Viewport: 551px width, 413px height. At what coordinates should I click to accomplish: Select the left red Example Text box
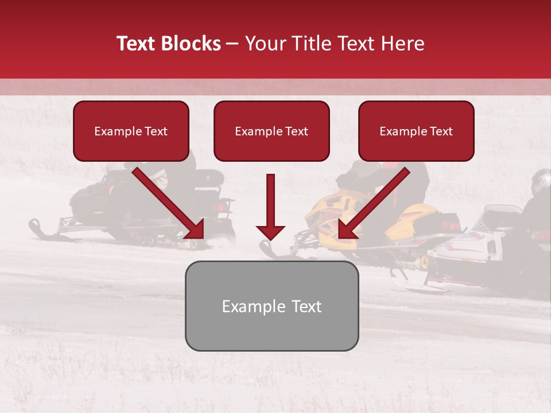[x=131, y=131]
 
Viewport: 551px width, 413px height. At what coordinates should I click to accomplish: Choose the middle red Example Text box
[x=271, y=131]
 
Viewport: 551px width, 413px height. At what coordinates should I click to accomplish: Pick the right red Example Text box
[x=416, y=131]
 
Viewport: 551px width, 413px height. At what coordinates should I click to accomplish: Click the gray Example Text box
[x=271, y=306]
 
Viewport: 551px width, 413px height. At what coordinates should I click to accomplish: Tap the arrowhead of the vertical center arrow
[x=271, y=232]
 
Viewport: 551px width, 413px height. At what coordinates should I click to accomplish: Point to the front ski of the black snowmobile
[x=43, y=229]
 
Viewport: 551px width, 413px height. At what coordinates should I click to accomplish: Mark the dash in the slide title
[x=232, y=44]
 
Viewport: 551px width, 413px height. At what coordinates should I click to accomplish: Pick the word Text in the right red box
[x=441, y=131]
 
